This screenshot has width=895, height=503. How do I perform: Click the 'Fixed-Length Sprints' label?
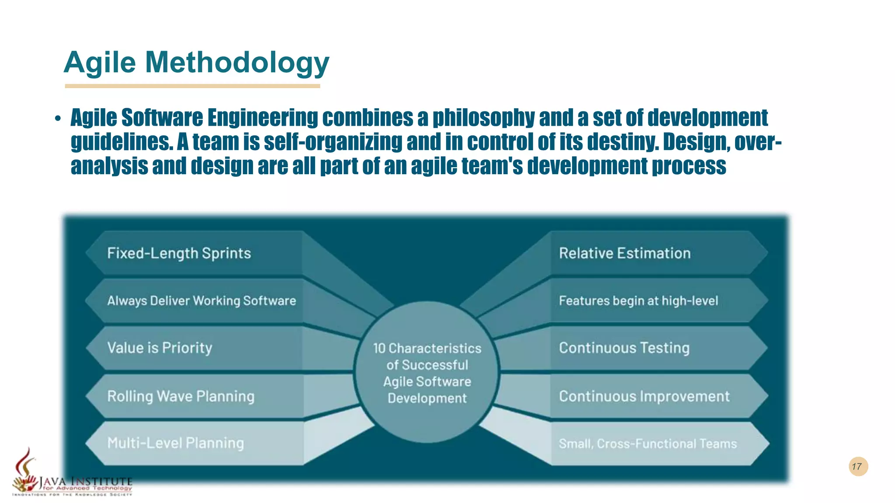point(179,253)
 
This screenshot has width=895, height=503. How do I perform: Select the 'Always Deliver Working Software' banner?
point(201,301)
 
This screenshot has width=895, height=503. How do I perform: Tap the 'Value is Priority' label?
point(160,348)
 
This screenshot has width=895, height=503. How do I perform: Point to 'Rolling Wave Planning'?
point(181,396)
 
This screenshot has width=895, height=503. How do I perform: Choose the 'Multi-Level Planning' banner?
point(176,443)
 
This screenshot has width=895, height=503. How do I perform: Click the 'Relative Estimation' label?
point(625,253)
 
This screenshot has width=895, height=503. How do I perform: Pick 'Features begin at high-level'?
point(638,301)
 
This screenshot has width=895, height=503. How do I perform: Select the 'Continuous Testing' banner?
point(624,348)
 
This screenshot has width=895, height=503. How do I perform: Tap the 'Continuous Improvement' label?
point(644,396)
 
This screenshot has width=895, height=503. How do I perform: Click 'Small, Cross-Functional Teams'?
point(648,444)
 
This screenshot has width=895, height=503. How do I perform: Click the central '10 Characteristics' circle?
point(427,372)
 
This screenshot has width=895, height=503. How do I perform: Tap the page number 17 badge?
point(858,466)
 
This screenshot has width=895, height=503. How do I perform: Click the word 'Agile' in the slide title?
point(100,62)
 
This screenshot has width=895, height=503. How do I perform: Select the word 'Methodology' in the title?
point(237,62)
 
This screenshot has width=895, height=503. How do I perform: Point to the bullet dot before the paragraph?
point(58,119)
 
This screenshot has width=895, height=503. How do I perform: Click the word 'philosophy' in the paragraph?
point(483,118)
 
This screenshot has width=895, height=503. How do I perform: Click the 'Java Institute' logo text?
point(86,482)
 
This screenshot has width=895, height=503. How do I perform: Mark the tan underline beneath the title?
point(192,86)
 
